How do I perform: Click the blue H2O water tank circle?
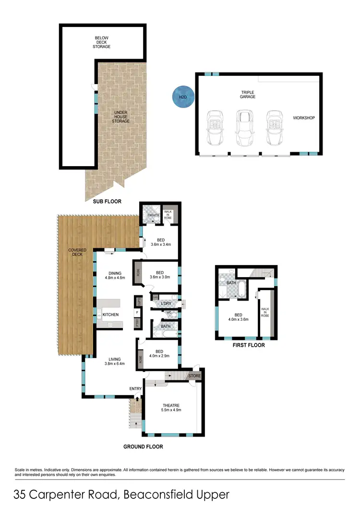[x=183, y=97]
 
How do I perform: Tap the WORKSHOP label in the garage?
[x=304, y=118]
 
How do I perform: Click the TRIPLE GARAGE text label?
[x=248, y=94]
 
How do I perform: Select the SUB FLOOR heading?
[x=107, y=202]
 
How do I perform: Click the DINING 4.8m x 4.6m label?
[x=115, y=275]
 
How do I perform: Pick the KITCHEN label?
[x=111, y=315]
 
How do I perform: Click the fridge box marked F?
[x=138, y=313]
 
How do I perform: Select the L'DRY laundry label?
[x=167, y=303]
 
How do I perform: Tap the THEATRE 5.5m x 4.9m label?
[x=170, y=408]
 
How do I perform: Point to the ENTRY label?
[x=135, y=388]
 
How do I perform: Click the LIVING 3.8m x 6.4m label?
[x=114, y=361]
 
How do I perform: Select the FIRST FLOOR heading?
[x=248, y=345]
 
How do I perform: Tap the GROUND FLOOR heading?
[x=143, y=447]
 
